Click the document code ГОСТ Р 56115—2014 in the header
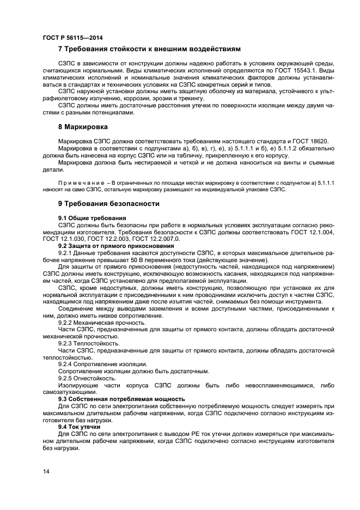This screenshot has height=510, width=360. pos(72,38)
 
